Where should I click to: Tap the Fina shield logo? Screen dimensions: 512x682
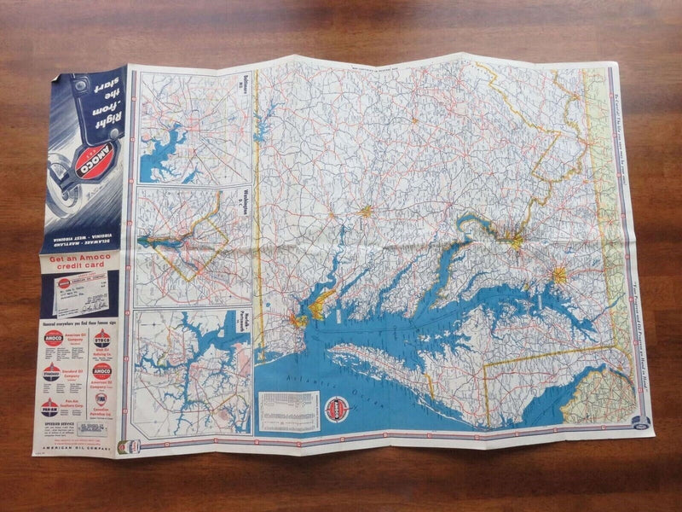(x=101, y=400)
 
